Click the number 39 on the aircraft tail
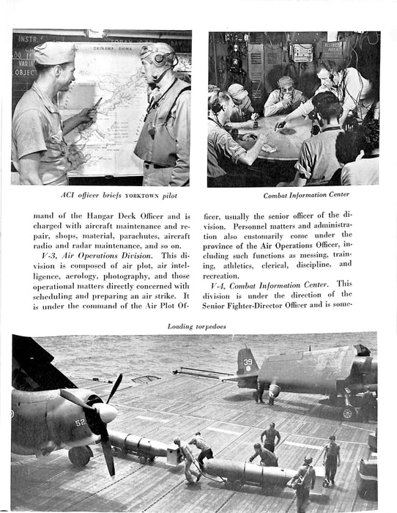[248, 361]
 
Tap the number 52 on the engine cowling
[79, 423]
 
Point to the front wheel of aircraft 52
[79, 456]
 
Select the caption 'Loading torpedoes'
[197, 326]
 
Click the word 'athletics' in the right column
[232, 264]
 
